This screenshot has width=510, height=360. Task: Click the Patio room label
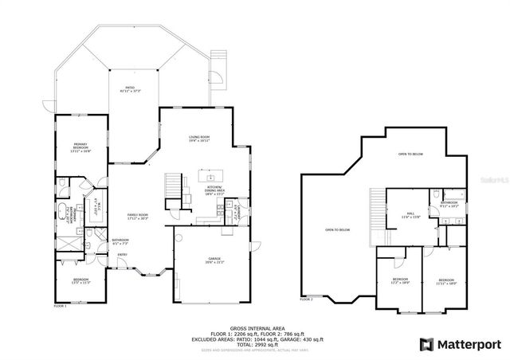tap(129, 89)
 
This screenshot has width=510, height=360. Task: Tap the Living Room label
tap(199, 139)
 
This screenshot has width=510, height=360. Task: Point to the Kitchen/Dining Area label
tap(214, 190)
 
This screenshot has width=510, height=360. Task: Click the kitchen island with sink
tap(211, 176)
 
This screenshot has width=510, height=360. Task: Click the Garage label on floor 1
tap(214, 260)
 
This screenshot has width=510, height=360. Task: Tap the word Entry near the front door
tap(122, 255)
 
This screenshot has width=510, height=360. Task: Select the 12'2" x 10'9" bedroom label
tap(400, 280)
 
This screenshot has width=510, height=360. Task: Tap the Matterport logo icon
tap(428, 343)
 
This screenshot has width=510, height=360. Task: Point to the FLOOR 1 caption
tap(61, 306)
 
